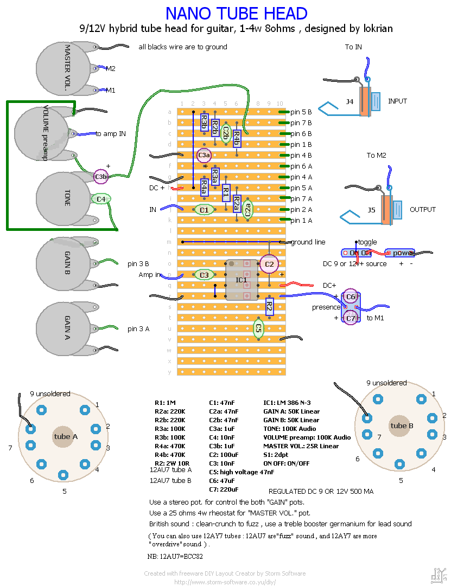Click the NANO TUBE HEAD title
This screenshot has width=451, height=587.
pos(236,13)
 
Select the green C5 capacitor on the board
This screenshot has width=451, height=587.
pos(258,328)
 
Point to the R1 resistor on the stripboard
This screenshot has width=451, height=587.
pos(226,193)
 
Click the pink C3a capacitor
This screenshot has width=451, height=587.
pos(204,155)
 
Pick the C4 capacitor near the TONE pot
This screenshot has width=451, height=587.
pos(101,199)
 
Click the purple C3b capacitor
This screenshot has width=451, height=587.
pos(101,176)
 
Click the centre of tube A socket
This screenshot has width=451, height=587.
pos(63,436)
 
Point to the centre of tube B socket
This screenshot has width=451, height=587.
pos(399,425)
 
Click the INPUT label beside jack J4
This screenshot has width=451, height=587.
pos(397,101)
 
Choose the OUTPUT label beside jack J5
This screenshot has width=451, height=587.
pos(423,210)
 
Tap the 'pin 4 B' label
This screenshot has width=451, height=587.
pos(301,156)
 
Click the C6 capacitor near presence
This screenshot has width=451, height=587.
pos(351,296)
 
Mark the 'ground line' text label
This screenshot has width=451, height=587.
pos(308,242)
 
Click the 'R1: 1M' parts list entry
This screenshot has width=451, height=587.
pos(166,403)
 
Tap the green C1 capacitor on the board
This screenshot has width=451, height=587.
pos(204,209)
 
